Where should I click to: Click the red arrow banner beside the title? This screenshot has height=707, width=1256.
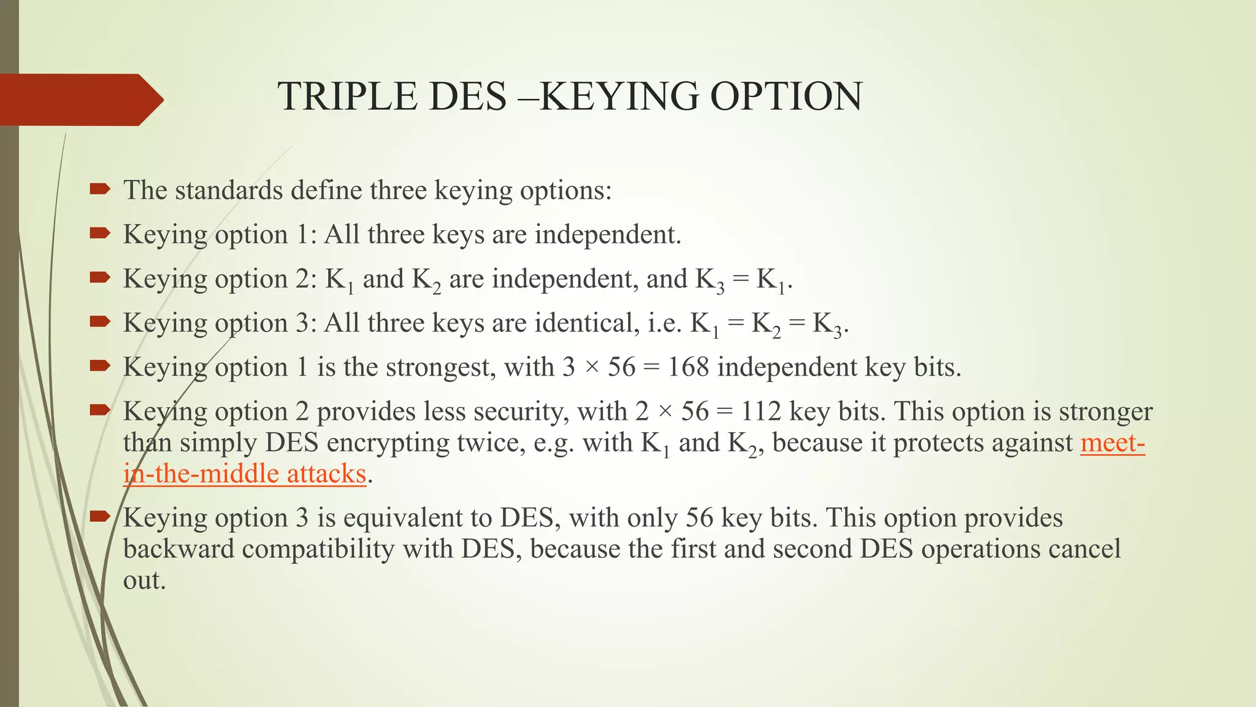coord(80,99)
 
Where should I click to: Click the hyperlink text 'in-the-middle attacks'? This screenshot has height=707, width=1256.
coord(244,474)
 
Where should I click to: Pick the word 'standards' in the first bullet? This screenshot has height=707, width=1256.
coord(229,191)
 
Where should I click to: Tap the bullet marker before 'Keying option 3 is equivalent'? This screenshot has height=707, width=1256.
coord(100,517)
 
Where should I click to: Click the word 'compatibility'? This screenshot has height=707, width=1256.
coord(318,549)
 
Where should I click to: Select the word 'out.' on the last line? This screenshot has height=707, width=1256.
coord(145,581)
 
